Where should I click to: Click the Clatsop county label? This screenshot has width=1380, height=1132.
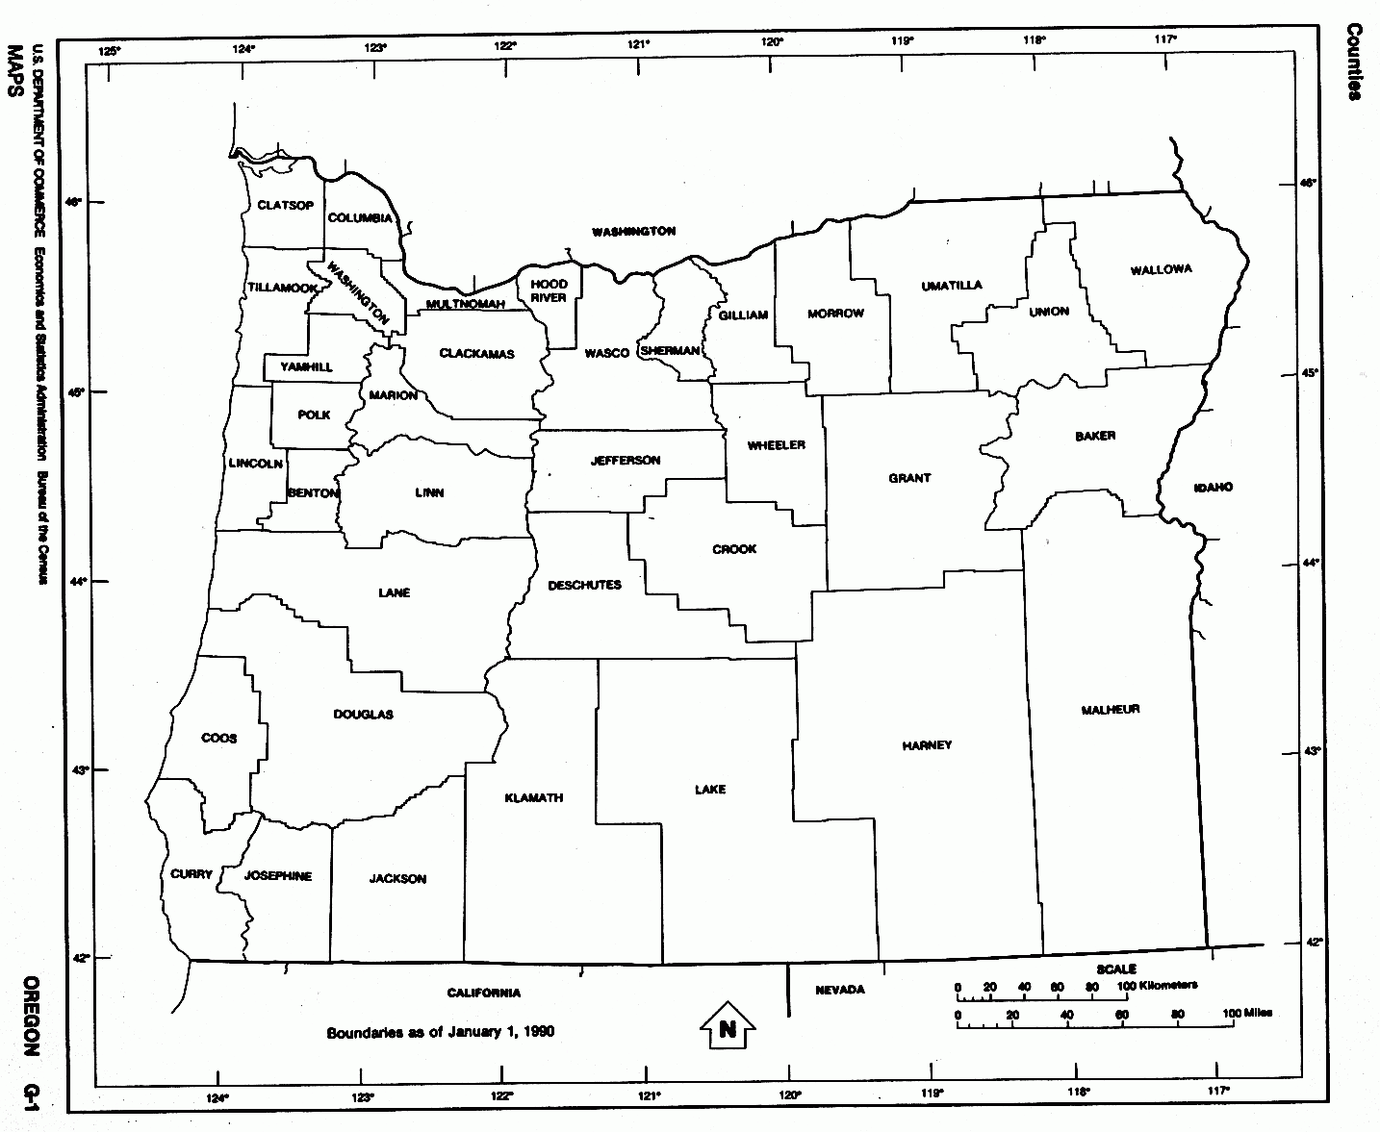coord(285,206)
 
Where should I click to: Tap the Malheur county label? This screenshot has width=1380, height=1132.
coord(1110,710)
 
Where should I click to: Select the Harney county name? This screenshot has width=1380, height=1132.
coord(927,745)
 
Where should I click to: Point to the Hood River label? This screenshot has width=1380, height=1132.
coord(549,290)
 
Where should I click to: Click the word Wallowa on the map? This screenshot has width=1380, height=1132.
coord(1161,269)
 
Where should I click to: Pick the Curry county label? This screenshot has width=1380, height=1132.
coord(191,874)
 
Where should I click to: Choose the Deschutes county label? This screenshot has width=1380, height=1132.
coord(584,585)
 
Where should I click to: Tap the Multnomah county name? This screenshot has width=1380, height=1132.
coord(465,305)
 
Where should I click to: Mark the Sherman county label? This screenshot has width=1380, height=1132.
coord(669,351)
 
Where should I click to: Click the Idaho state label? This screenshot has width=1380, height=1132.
coord(1213,488)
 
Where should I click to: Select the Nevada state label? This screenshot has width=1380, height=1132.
coord(839,990)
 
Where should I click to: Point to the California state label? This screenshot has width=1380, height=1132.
coord(483,993)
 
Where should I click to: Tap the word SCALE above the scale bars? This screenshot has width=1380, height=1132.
coord(1115,969)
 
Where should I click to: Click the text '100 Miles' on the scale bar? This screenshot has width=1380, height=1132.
coord(1246,1014)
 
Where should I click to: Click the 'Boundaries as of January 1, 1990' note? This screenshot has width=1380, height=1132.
coord(440,1032)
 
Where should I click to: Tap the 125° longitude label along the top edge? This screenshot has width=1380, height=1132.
coord(112,50)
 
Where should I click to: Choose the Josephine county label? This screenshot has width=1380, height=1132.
coord(277,876)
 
